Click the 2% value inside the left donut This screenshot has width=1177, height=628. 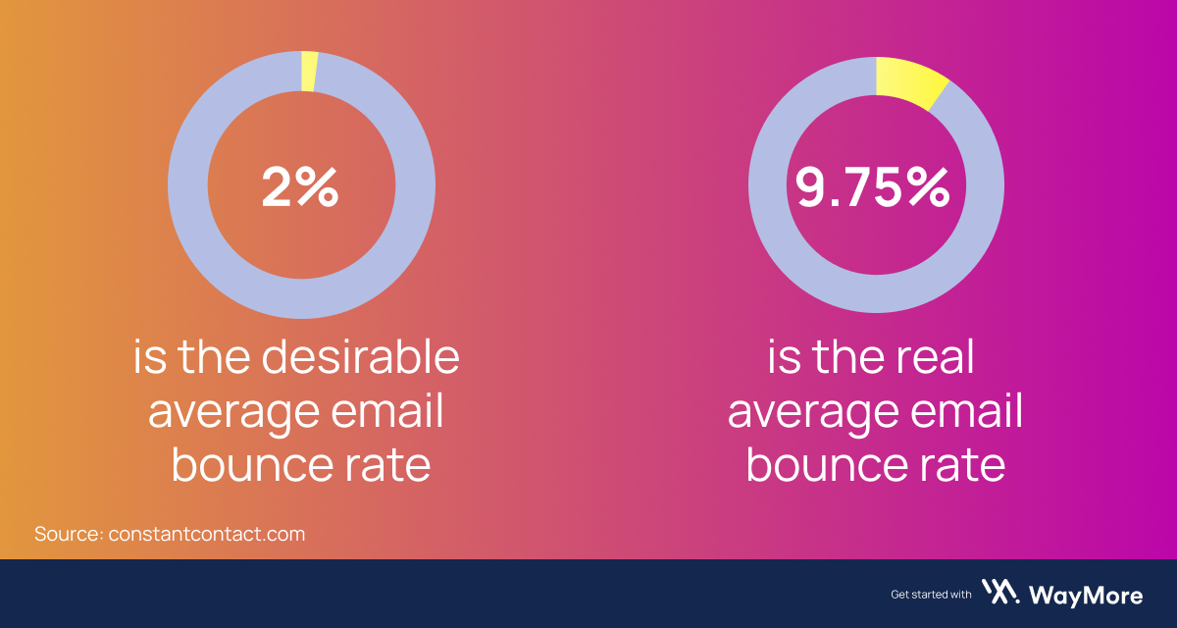pyautogui.click(x=299, y=186)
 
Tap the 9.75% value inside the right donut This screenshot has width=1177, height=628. pyautogui.click(x=873, y=186)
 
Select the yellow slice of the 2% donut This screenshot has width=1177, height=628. pyautogui.click(x=309, y=72)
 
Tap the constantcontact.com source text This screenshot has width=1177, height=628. pyautogui.click(x=207, y=535)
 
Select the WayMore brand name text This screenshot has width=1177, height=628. pyautogui.click(x=1086, y=594)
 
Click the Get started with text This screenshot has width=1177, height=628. pyautogui.click(x=931, y=594)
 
